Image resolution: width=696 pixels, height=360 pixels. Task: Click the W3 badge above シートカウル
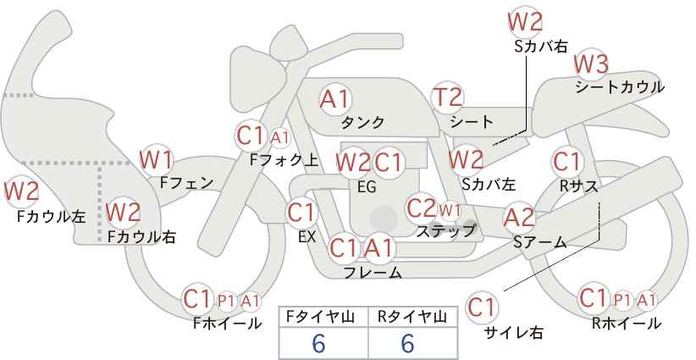pyautogui.click(x=590, y=64)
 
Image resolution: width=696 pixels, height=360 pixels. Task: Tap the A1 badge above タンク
pyautogui.click(x=335, y=99)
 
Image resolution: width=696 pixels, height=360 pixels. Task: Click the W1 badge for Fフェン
pyautogui.click(x=156, y=158)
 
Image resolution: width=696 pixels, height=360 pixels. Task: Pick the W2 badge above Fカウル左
pyautogui.click(x=21, y=192)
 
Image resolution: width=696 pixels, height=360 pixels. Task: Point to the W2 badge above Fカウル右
pyautogui.click(x=124, y=211)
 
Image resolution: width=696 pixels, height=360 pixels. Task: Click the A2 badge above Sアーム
pyautogui.click(x=519, y=218)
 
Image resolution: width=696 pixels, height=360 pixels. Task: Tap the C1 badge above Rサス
pyautogui.click(x=567, y=161)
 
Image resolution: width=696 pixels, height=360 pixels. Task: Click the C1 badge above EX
pyautogui.click(x=301, y=212)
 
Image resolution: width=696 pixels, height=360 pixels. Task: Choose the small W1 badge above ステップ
pyautogui.click(x=450, y=209)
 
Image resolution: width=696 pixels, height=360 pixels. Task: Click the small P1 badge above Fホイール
pyautogui.click(x=226, y=299)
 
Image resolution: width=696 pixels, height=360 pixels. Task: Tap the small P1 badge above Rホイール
pyautogui.click(x=622, y=299)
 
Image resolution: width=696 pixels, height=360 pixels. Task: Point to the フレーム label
pyautogui.click(x=373, y=272)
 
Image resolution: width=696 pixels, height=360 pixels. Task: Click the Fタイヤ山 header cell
pyautogui.click(x=323, y=317)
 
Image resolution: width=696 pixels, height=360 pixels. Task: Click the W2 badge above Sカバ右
pyautogui.click(x=524, y=22)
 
